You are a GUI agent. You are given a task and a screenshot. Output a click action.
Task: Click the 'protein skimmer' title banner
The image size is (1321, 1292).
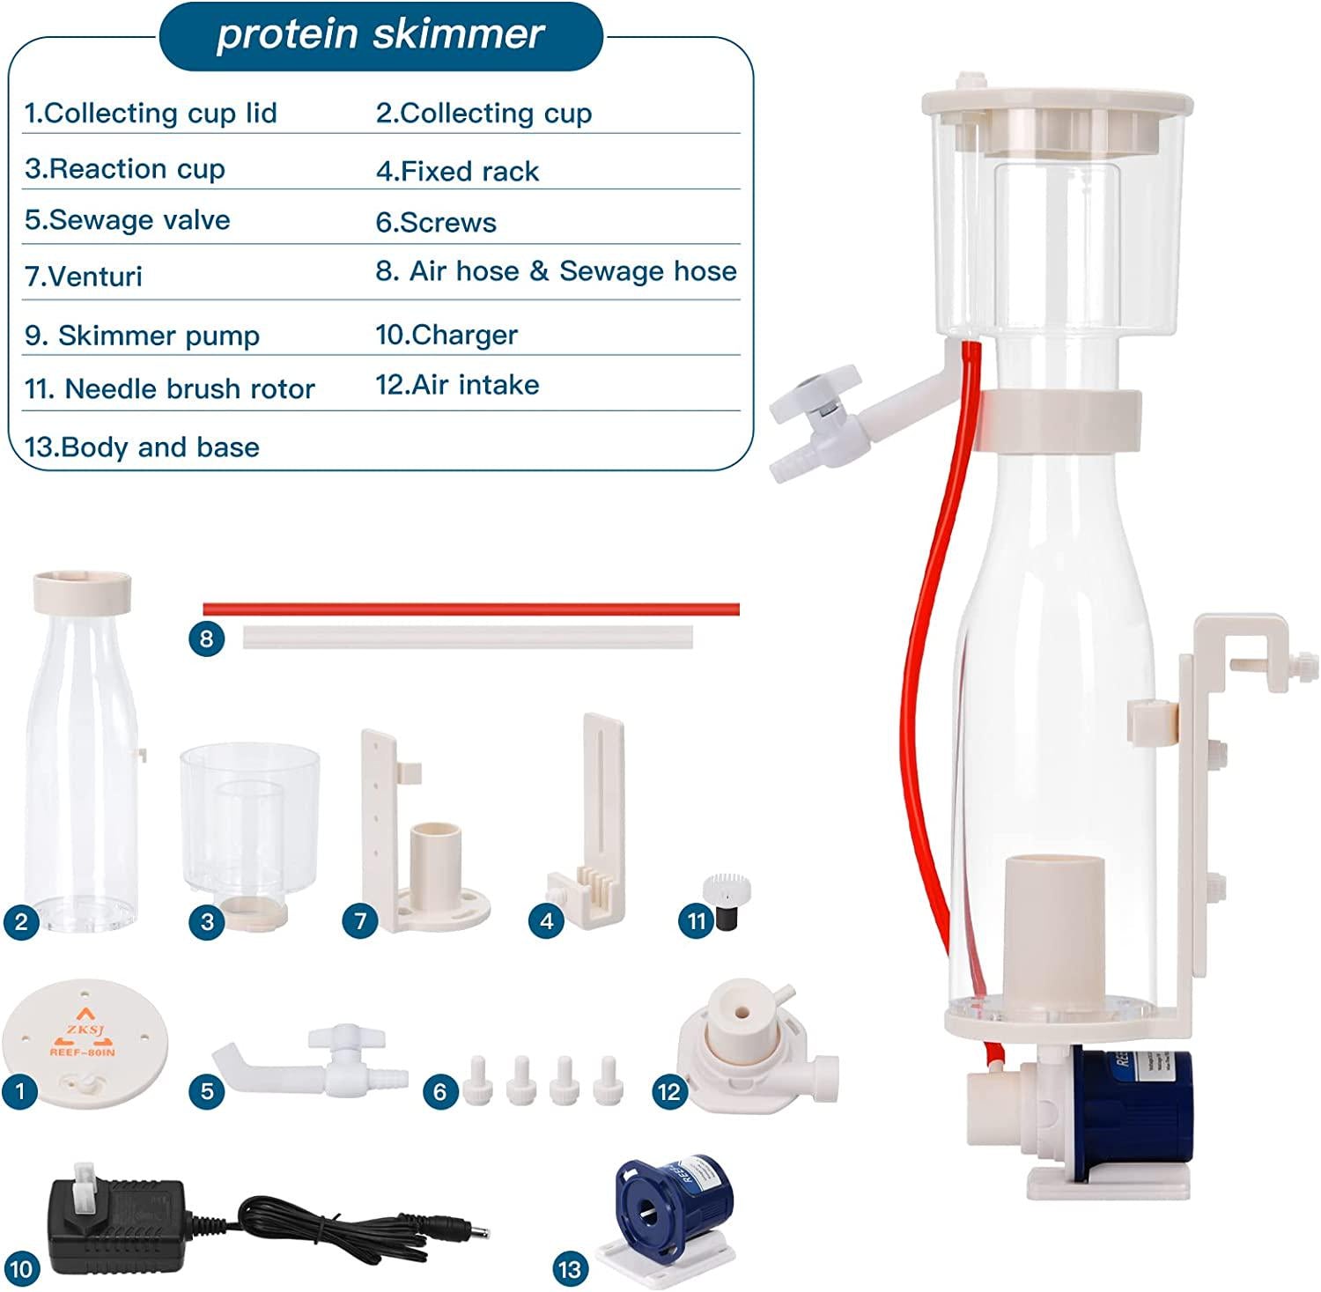(380, 35)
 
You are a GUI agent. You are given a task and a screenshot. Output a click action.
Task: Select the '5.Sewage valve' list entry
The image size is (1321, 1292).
(128, 220)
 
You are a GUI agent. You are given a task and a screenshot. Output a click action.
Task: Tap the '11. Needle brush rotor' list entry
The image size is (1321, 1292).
(170, 389)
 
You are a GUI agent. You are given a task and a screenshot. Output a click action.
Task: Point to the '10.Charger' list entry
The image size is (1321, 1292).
(446, 336)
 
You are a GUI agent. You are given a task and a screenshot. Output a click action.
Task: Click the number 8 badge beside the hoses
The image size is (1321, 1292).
(206, 638)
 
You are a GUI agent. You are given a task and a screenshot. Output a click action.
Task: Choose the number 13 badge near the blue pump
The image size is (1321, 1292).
(570, 1269)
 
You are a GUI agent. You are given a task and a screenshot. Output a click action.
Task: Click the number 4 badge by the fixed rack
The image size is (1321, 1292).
(546, 921)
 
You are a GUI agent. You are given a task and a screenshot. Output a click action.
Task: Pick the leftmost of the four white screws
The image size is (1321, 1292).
(474, 1080)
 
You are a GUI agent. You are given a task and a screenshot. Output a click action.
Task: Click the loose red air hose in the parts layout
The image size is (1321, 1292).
(471, 609)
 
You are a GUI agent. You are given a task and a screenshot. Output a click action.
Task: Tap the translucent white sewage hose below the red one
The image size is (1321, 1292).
(468, 637)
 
